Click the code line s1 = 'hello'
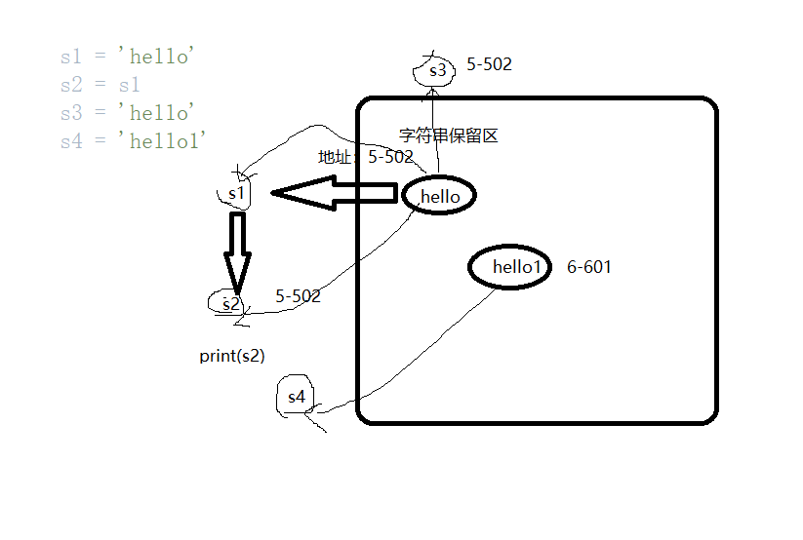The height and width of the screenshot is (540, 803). click(x=128, y=58)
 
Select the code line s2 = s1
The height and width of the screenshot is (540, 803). click(x=100, y=86)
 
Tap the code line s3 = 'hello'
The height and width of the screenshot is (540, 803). click(x=128, y=113)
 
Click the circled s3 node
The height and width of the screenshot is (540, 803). click(x=435, y=70)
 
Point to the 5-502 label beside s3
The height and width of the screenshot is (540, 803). click(x=490, y=65)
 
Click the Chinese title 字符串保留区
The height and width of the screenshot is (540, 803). click(x=449, y=135)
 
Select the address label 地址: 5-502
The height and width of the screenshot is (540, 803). click(x=366, y=157)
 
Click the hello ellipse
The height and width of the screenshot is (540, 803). click(x=439, y=196)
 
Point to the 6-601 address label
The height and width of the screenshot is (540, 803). click(x=589, y=267)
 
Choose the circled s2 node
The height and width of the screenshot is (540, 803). click(x=229, y=303)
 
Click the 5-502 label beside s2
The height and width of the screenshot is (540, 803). click(x=299, y=296)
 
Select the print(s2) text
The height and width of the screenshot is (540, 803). click(x=232, y=356)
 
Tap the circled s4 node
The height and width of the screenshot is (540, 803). click(x=296, y=398)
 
